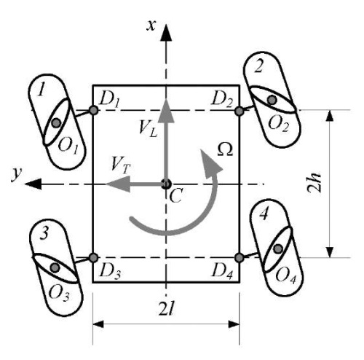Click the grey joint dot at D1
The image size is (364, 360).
93,110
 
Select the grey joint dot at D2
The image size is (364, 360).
240,111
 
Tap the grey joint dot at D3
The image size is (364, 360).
93,257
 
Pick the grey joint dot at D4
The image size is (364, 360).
240,257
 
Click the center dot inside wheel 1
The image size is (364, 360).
56,123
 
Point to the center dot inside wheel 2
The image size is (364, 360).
272,100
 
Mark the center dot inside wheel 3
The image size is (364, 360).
55,267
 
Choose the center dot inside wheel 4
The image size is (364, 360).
278,249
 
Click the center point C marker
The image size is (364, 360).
166,184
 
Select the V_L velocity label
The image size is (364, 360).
148,129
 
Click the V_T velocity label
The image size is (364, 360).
121,165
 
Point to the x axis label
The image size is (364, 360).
151,26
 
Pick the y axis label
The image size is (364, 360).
16,173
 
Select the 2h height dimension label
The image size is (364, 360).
314,183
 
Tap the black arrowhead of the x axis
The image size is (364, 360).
166,32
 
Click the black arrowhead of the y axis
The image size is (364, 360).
33,184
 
